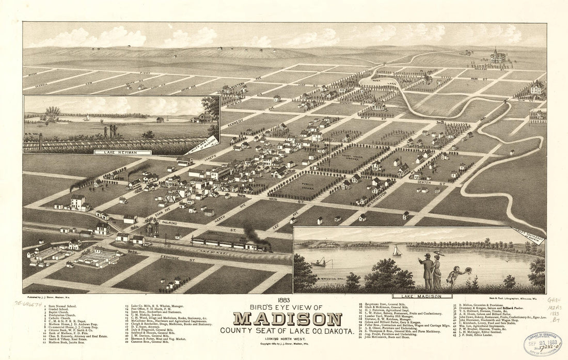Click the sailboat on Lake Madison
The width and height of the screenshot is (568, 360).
(397, 251)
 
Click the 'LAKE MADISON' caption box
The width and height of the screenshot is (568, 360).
(419, 296)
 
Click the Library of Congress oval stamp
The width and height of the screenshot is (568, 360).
(543, 343)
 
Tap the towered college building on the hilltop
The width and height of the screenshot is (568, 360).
(498, 56)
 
